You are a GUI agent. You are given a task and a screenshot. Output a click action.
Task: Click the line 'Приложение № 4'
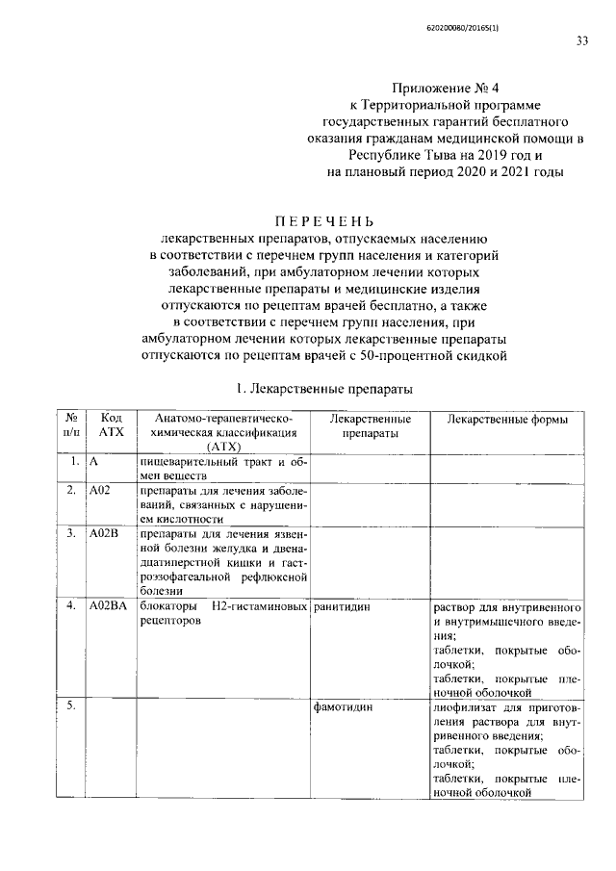[444, 87]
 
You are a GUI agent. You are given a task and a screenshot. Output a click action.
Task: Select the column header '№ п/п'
[70, 426]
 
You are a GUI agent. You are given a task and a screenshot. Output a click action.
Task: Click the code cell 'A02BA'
[107, 606]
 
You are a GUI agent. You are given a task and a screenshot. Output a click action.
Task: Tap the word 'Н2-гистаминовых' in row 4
[263, 606]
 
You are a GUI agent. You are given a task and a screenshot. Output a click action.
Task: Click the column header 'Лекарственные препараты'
[371, 426]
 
